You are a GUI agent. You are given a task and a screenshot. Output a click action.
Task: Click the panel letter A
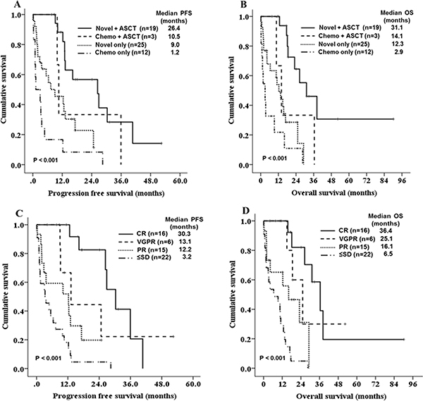tap(6, 7)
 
